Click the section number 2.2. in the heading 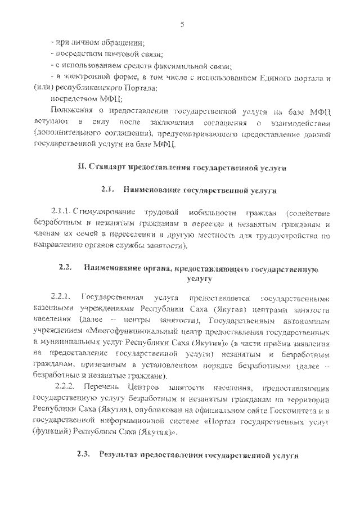coord(65,267)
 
